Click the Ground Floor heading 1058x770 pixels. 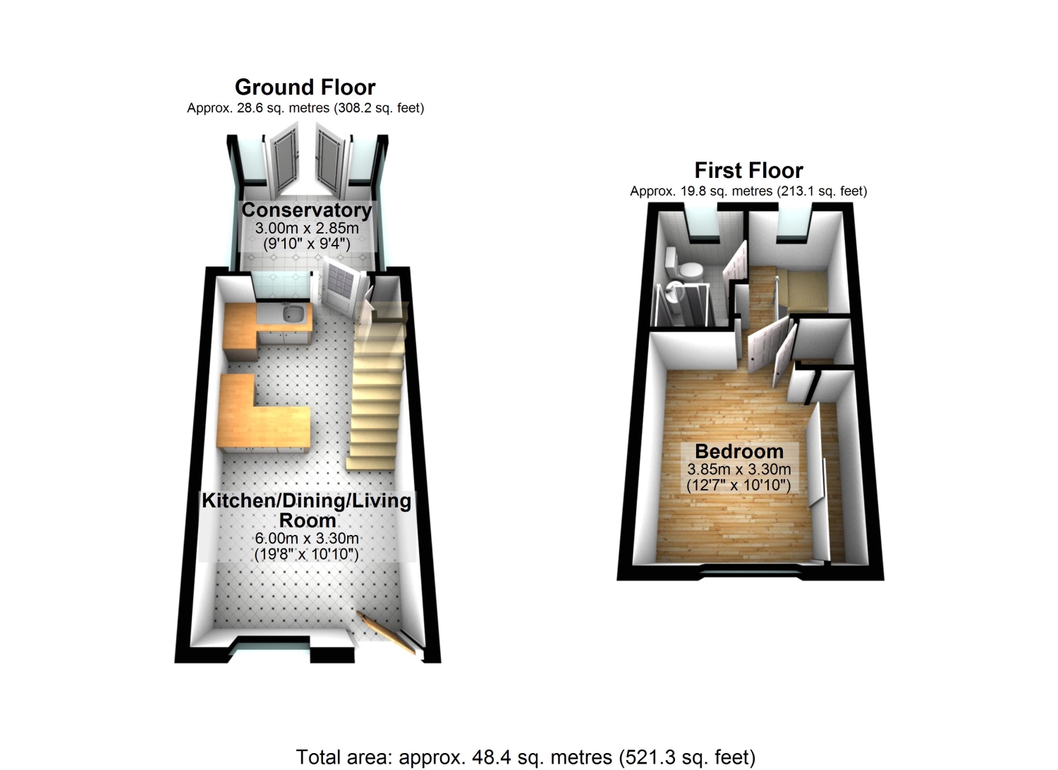305,88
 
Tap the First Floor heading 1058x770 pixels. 748,171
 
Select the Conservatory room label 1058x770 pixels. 307,210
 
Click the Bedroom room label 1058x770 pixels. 739,452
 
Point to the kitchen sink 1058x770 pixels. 293,313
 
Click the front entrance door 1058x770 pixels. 387,632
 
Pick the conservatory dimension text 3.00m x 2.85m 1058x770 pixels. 307,228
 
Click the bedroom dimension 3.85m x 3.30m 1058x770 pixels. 739,469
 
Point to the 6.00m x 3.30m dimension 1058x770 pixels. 307,539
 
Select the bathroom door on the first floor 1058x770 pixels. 735,265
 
